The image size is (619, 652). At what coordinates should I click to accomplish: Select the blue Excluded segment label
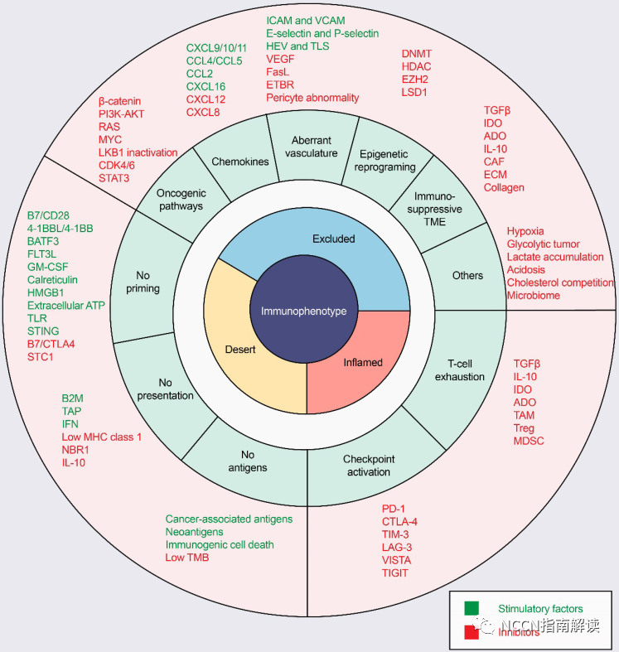pos(333,239)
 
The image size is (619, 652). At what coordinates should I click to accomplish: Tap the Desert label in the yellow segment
pos(239,350)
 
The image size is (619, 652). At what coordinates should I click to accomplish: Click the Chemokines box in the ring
pos(240,162)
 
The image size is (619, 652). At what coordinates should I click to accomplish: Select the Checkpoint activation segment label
pos(369,465)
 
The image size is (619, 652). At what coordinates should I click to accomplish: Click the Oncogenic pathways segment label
pos(179,200)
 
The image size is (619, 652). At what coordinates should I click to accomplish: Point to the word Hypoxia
pos(525,231)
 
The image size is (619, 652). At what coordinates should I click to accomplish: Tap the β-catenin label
pos(119,101)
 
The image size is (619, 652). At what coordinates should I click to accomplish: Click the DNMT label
pos(417,53)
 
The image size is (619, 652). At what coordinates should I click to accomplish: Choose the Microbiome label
pos(534,296)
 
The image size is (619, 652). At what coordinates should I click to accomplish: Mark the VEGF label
pos(280,59)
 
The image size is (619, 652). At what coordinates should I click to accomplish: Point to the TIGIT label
pos(395,573)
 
